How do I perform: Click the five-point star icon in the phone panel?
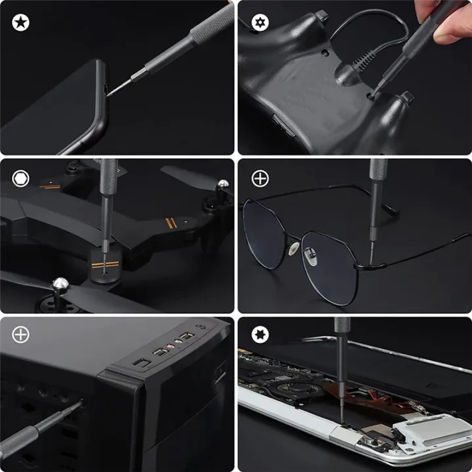pos(20,23)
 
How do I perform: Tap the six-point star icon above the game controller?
pos(260,23)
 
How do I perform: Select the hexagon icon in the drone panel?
pos(20,178)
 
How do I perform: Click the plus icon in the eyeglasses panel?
pos(260,178)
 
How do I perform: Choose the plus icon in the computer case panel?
pos(20,334)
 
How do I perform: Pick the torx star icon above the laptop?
pos(260,334)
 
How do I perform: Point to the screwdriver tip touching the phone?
pos(109,94)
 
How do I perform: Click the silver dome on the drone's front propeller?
pos(60,284)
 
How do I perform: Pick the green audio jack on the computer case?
pos(177,342)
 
